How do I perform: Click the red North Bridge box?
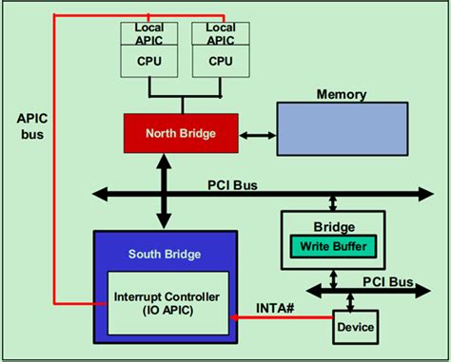[180, 134]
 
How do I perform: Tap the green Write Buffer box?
[333, 247]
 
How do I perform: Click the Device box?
[354, 328]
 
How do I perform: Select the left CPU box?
[149, 60]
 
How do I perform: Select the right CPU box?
[221, 60]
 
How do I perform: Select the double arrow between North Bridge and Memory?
[255, 135]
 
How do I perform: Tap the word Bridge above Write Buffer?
[333, 227]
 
